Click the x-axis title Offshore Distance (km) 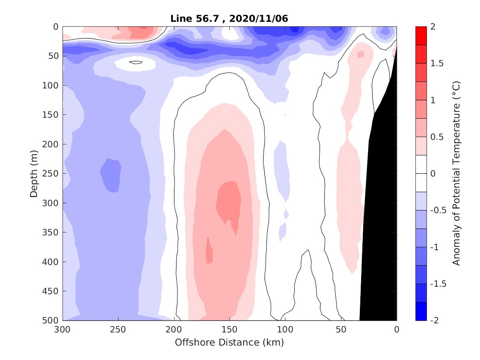pyautogui.click(x=229, y=342)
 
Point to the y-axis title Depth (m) pyautogui.click(x=34, y=173)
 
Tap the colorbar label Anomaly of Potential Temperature pyautogui.click(x=456, y=173)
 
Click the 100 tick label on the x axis pyautogui.click(x=285, y=330)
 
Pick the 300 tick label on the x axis pyautogui.click(x=63, y=330)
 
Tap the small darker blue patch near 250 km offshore pyautogui.click(x=111, y=175)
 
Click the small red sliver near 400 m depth pyautogui.click(x=209, y=251)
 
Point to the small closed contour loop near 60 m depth pyautogui.click(x=135, y=62)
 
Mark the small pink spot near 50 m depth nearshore pyautogui.click(x=361, y=54)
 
